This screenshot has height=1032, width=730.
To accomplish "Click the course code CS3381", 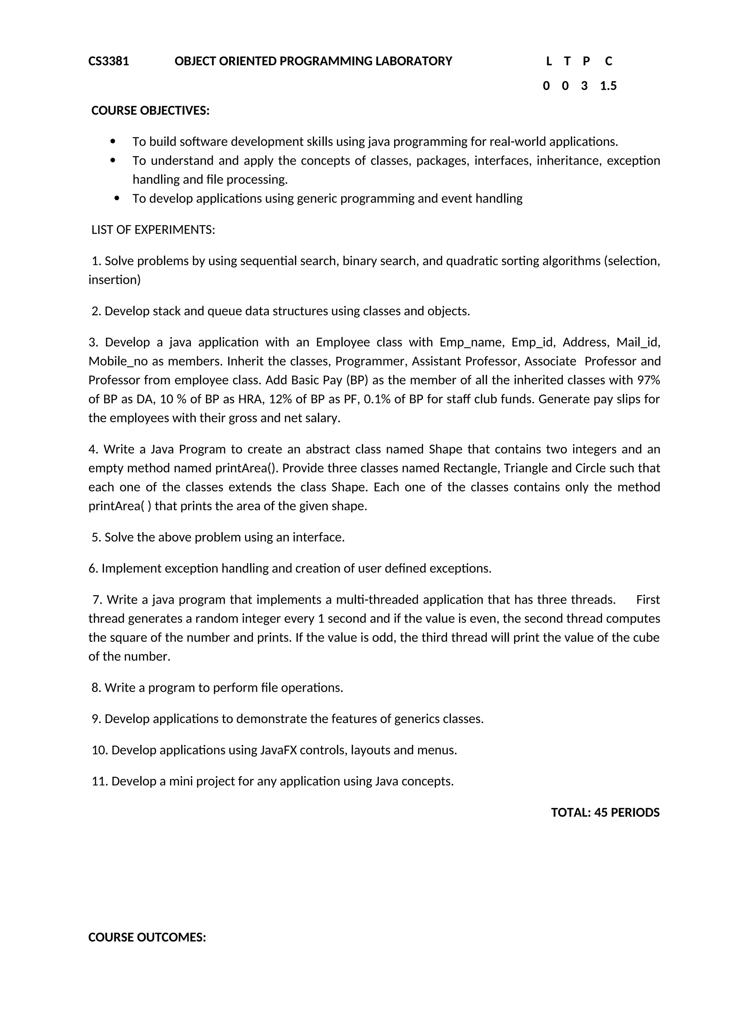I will (108, 61).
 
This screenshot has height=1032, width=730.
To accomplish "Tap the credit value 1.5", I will (608, 86).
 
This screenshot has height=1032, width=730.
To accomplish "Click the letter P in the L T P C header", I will (586, 61).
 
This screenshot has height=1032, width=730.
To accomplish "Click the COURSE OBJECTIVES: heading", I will (150, 110).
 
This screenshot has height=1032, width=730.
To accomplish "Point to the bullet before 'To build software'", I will (113, 141).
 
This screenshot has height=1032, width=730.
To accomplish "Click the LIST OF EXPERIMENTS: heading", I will (153, 230).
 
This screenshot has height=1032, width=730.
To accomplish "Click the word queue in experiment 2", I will (222, 311).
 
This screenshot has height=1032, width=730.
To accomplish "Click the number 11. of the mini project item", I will (99, 781).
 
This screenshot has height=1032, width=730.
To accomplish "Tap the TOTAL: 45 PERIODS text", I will (605, 812).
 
